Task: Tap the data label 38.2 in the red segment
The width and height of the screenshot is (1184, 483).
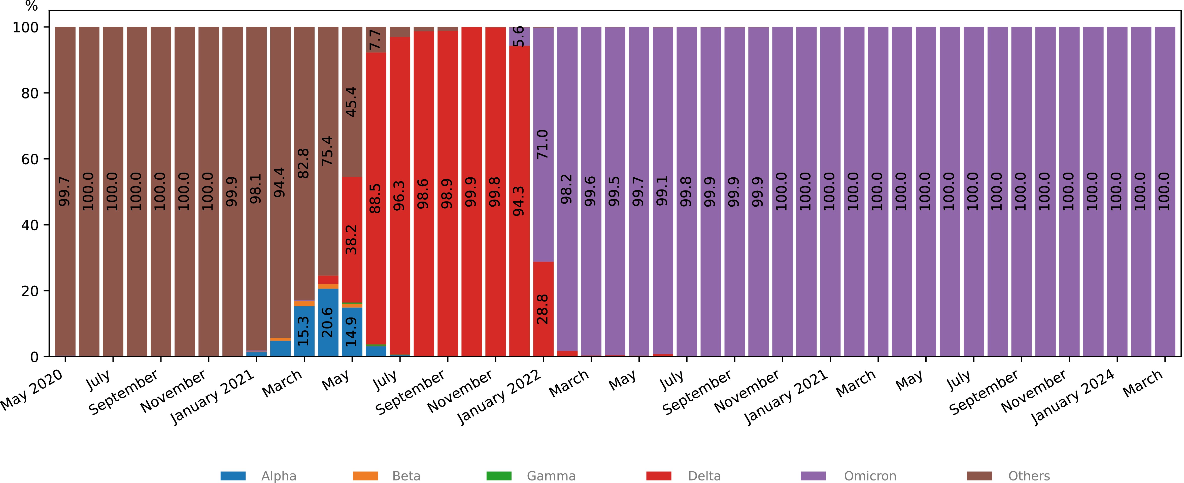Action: point(352,239)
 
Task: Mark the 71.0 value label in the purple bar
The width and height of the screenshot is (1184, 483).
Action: point(543,144)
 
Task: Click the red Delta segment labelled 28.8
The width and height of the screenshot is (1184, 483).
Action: point(543,309)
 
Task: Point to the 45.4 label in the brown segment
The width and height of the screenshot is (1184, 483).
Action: point(352,101)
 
